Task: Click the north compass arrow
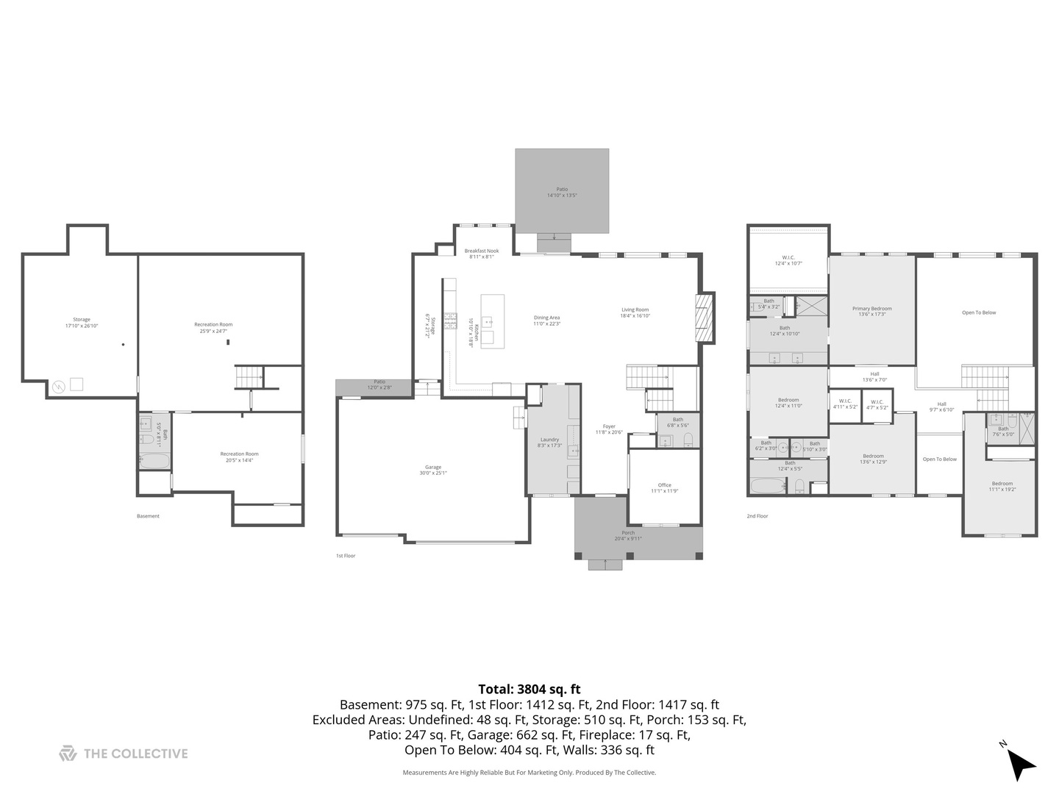pos(1021,764)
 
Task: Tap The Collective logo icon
pos(68,754)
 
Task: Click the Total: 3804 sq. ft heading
pos(529,689)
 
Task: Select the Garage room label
pos(433,470)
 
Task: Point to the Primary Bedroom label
pos(871,311)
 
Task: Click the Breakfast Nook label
pos(482,254)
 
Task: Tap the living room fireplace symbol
pos(705,318)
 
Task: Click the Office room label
pos(664,488)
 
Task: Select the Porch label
pos(628,535)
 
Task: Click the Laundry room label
pos(549,443)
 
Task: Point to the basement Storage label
pos(82,322)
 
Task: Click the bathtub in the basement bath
pos(154,462)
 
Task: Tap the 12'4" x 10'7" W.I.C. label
pos(788,260)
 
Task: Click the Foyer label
pos(609,429)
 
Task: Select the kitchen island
pos(493,321)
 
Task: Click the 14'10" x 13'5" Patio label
pos(562,193)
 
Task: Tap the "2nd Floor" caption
pos(757,516)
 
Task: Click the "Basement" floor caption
pos(148,516)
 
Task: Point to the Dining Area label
pos(546,321)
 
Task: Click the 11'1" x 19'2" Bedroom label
pos(1002,487)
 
